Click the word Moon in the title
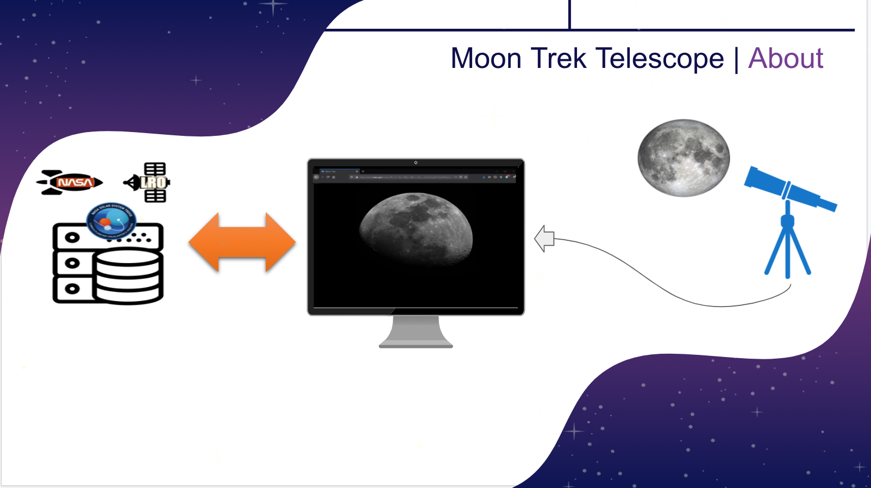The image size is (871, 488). (486, 59)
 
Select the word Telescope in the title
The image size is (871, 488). (660, 59)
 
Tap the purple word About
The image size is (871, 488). (785, 59)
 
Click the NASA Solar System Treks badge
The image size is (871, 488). (111, 221)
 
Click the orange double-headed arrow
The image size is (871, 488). (242, 242)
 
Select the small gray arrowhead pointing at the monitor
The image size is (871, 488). (544, 239)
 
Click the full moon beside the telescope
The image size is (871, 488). (684, 158)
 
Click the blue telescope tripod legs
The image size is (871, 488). (788, 250)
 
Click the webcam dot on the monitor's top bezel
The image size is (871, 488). (416, 162)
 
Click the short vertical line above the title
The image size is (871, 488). (569, 14)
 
